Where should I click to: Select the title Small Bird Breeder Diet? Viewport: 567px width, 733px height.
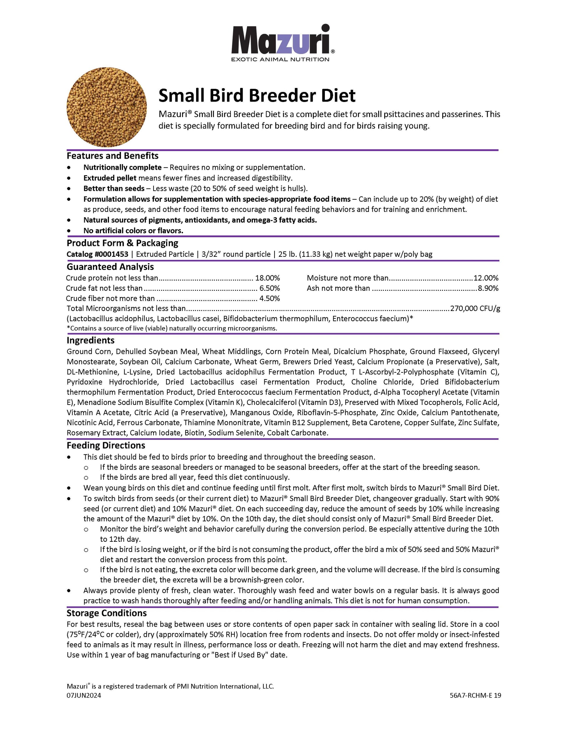point(257,96)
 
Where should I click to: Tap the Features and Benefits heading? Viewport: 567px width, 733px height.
point(112,156)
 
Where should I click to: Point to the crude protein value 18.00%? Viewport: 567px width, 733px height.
point(267,278)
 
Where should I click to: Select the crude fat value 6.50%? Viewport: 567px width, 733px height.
point(270,288)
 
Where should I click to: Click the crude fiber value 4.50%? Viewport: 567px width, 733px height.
point(270,298)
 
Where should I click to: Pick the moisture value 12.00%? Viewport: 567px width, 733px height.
point(486,278)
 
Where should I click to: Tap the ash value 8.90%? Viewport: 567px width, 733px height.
point(488,288)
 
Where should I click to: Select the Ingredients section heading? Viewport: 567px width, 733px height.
point(90,340)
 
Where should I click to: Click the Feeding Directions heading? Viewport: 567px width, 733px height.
point(106,445)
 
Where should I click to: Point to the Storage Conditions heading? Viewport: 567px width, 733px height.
point(106,613)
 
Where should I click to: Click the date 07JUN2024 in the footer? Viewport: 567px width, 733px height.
point(84,695)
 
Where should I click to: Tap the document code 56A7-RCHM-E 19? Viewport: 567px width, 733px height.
point(475,695)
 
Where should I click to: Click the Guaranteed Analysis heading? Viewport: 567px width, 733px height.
point(110,267)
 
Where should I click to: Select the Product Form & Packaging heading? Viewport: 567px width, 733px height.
point(122,243)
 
